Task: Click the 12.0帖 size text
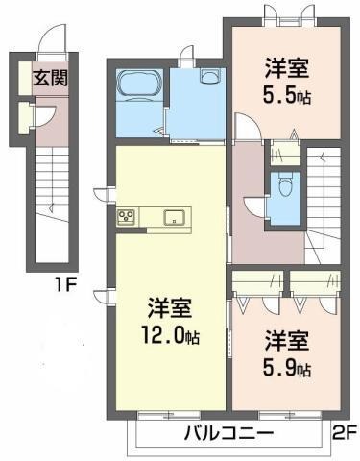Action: (169, 337)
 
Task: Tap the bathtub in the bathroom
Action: (140, 86)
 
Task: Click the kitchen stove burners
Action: (128, 217)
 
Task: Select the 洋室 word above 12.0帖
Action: (169, 309)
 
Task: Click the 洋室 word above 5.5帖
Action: (286, 68)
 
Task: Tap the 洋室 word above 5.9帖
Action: (286, 341)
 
